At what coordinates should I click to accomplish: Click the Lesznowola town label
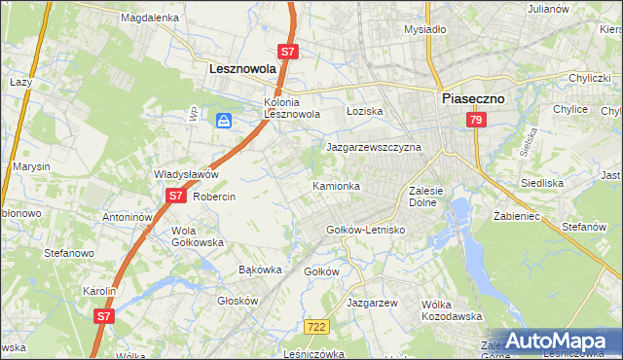pos(243,70)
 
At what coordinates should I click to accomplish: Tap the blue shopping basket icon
pos(224,121)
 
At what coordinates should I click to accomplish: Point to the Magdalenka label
pos(150,18)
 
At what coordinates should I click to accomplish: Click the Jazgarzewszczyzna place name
pos(373,147)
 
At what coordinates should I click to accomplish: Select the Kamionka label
pos(336,185)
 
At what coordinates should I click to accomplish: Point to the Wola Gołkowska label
pos(198,236)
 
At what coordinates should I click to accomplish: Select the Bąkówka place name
pos(260,269)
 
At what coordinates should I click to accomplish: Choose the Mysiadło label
pos(424,29)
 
